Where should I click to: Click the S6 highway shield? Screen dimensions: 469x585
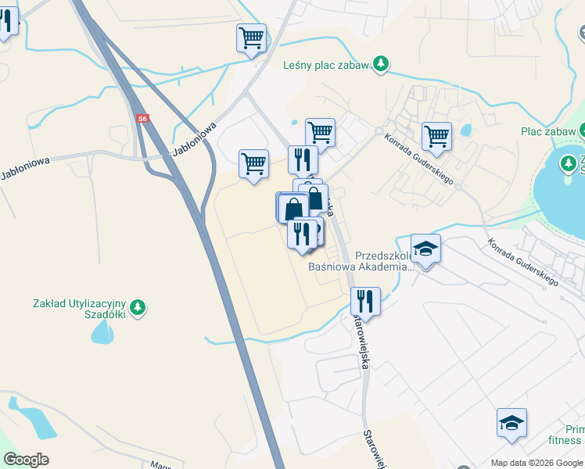click(142, 119)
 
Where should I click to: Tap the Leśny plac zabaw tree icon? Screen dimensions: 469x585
click(380, 63)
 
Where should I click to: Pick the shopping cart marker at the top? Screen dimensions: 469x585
click(252, 38)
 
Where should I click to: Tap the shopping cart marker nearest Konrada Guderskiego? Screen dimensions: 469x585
click(436, 136)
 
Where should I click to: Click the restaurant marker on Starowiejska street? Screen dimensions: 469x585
click(365, 300)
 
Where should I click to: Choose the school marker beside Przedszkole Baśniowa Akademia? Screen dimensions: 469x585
click(425, 249)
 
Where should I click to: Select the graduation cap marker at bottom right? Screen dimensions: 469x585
click(511, 423)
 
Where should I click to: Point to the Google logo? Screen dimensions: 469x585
click(26, 460)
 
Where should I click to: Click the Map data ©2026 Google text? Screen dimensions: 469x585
click(537, 463)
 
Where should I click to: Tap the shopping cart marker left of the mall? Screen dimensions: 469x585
click(253, 164)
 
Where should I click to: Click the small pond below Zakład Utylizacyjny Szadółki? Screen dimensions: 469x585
click(103, 332)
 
